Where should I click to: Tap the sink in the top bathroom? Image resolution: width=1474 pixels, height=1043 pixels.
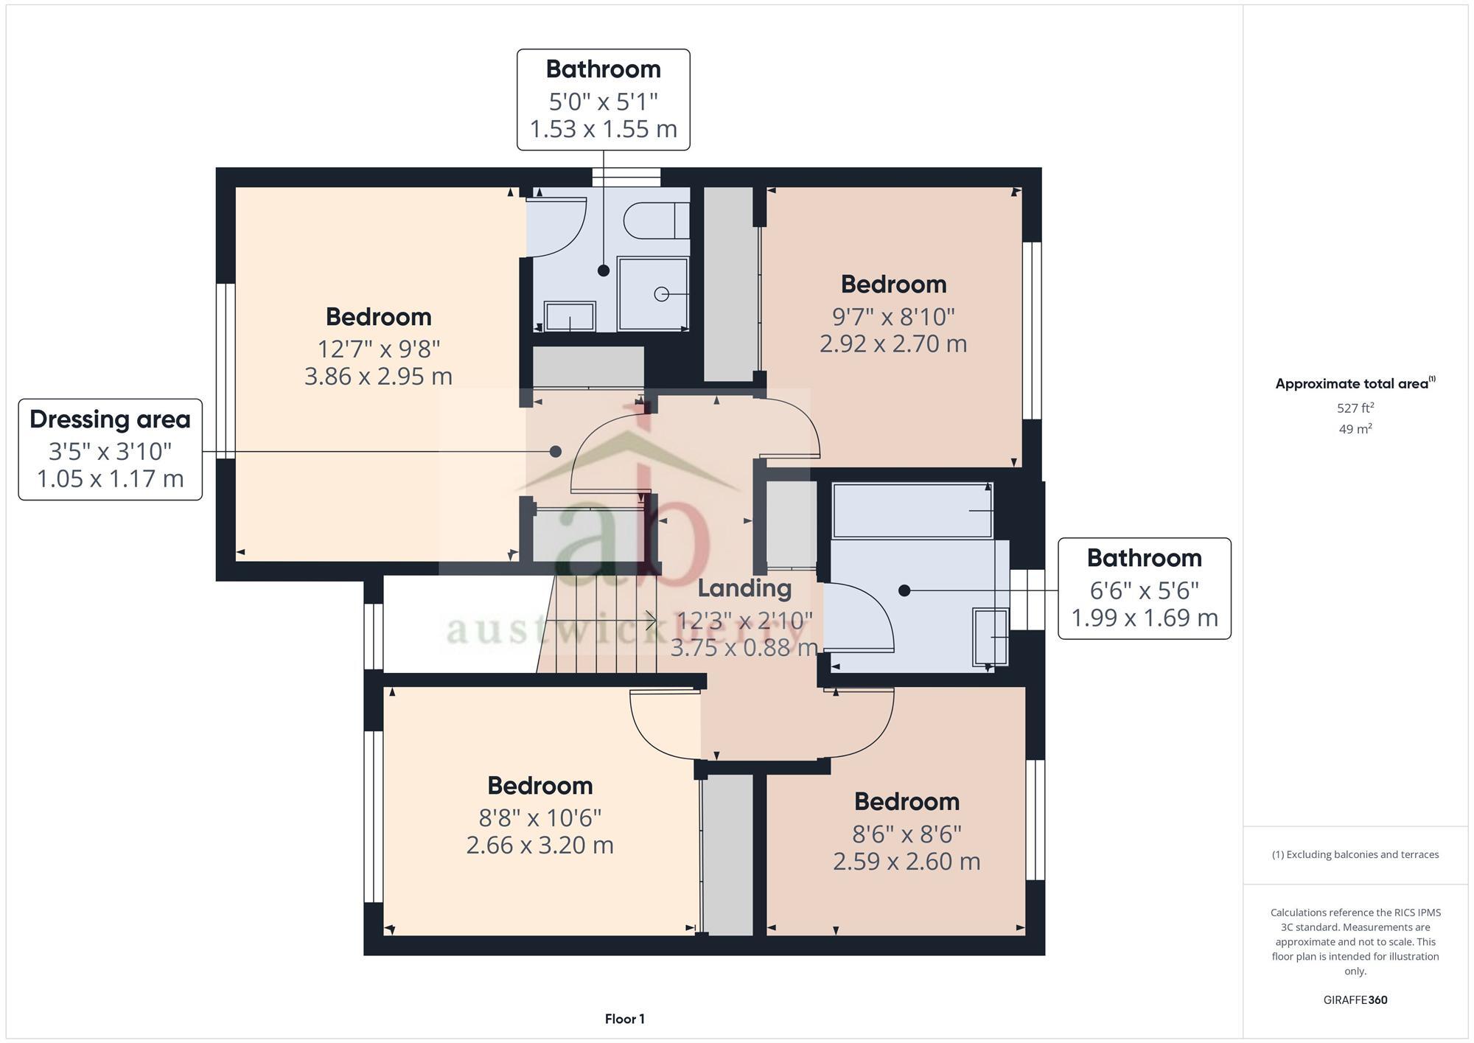tap(570, 316)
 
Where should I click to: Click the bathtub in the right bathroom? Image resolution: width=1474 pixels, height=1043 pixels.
tap(912, 510)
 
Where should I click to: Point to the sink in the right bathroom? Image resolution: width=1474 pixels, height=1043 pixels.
tap(991, 636)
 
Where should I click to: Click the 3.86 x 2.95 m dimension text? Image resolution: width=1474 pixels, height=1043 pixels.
tap(378, 377)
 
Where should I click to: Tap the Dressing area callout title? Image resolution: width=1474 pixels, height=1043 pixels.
tap(111, 419)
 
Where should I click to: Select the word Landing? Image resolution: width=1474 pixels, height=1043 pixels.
tap(744, 588)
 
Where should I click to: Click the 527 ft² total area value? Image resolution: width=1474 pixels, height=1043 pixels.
tap(1355, 408)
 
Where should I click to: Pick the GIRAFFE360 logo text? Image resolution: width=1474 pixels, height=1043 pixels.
tap(1355, 1000)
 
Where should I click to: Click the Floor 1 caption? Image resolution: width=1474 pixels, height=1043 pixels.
tap(624, 1019)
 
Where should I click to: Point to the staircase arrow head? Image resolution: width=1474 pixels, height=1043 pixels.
tap(652, 621)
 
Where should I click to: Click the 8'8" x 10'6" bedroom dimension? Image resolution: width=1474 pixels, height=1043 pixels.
tap(539, 817)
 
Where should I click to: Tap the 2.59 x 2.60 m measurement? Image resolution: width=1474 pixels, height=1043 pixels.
tap(907, 861)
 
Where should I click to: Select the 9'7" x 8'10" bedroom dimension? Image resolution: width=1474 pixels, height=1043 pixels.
tap(893, 316)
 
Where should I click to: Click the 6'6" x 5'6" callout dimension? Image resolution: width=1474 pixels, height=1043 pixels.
tap(1144, 590)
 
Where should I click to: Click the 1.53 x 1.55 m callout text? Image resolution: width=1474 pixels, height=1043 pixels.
tap(603, 129)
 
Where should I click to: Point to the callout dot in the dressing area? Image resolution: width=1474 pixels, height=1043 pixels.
tap(556, 451)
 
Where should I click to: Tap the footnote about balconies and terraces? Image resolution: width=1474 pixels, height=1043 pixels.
tap(1355, 854)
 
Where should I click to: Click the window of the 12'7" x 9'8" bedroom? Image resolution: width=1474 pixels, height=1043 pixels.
tap(226, 371)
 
